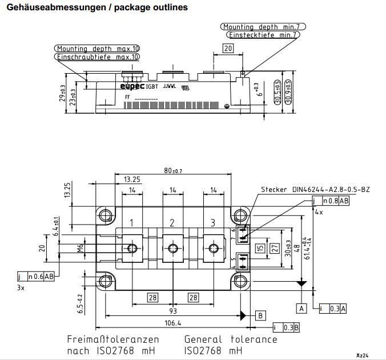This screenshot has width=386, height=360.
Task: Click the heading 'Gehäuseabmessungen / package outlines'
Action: [96, 8]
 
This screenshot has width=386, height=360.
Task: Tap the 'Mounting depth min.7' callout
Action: [264, 27]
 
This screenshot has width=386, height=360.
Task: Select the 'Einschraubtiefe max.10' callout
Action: [98, 57]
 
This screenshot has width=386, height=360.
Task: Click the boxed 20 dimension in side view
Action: [228, 49]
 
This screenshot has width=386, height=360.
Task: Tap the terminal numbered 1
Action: [132, 223]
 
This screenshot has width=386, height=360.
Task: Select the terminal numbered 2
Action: [172, 223]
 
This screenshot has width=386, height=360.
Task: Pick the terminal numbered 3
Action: [214, 223]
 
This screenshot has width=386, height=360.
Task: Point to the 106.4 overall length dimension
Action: [172, 323]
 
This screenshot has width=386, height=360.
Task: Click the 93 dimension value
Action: [173, 311]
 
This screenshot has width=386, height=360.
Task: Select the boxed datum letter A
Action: [301, 308]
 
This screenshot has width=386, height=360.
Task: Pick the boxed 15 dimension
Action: [260, 249]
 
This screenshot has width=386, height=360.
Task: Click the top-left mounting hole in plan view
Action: [106, 216]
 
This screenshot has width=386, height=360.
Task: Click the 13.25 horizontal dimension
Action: [124, 179]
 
